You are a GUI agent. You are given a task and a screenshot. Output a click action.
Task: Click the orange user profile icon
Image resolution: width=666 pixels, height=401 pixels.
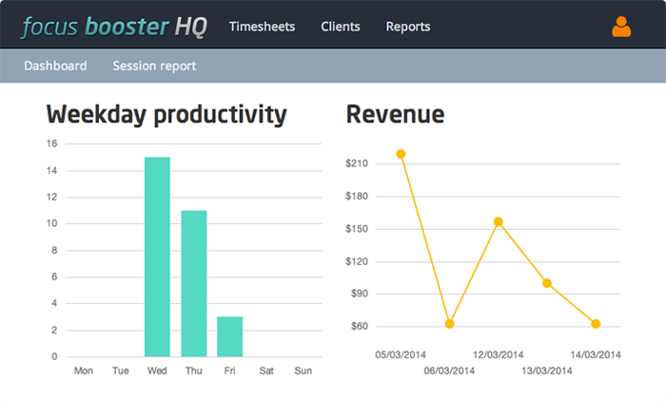point(621,27)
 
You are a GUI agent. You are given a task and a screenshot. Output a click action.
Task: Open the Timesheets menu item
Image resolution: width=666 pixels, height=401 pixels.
point(262,27)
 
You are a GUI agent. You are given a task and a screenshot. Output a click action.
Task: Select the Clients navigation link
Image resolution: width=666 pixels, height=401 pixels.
point(341,27)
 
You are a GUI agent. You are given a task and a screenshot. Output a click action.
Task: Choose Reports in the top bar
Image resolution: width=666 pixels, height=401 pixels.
point(408,27)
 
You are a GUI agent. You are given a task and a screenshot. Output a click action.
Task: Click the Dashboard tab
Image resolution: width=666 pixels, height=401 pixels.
point(55,66)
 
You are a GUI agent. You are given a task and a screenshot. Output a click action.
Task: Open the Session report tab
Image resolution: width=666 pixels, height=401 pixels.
point(154,66)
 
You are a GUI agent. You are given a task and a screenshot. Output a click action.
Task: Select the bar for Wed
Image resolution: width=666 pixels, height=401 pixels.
point(157,257)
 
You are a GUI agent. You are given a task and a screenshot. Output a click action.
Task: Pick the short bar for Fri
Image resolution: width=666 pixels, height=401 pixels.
point(229,336)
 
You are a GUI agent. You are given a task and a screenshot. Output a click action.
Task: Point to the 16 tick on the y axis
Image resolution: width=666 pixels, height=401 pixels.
point(51,143)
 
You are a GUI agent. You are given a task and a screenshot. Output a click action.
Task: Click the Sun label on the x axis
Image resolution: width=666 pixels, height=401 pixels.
point(303,371)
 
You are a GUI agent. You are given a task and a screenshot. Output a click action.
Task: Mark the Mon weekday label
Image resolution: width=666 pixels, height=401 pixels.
point(84,371)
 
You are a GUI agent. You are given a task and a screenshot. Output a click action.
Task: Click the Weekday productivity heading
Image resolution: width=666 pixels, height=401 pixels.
point(166,115)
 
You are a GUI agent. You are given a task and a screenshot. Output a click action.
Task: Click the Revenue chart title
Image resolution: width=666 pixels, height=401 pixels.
point(395,115)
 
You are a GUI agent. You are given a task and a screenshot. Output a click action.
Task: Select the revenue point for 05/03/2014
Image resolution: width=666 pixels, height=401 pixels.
point(402,154)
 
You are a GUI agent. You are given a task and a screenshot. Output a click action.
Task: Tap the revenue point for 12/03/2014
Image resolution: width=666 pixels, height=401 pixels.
point(499,221)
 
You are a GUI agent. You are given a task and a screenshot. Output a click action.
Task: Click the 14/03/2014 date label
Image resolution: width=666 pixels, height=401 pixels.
point(597,354)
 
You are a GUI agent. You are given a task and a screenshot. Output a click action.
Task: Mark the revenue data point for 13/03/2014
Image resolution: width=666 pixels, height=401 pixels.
point(547,283)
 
